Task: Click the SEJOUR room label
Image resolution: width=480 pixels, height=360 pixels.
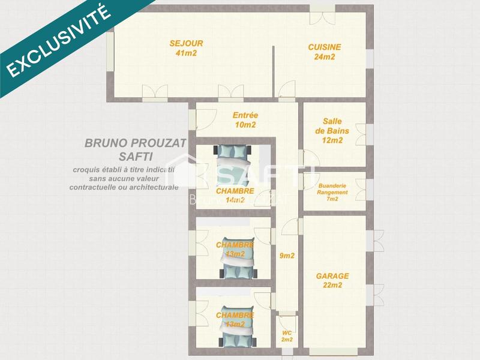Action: [x=187, y=43]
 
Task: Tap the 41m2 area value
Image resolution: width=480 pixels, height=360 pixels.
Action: [x=187, y=53]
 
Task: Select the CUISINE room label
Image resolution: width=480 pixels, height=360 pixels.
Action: [x=325, y=47]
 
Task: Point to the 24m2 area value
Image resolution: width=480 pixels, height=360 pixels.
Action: [x=325, y=57]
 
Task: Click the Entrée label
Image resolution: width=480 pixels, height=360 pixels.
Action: [x=245, y=115]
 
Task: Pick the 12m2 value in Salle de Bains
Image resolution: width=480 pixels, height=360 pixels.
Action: [x=332, y=140]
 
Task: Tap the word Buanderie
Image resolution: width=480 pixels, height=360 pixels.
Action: [x=332, y=185]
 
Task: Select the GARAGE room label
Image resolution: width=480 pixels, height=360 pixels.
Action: [x=332, y=276]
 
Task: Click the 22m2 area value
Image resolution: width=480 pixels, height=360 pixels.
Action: [x=332, y=286]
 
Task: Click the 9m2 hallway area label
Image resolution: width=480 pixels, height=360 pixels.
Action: [x=287, y=256]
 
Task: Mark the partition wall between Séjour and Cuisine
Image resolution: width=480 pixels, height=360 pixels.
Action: [x=274, y=69]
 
